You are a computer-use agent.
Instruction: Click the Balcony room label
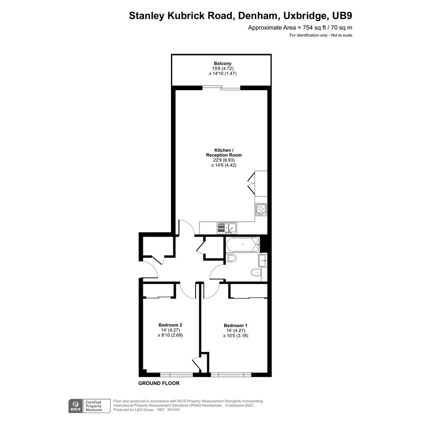(222, 63)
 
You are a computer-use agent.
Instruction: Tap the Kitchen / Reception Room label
(224, 153)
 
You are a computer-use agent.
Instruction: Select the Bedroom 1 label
(235, 326)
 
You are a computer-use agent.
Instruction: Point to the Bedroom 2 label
(170, 325)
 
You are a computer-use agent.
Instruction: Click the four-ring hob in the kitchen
(261, 209)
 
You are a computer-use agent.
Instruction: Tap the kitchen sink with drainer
(226, 228)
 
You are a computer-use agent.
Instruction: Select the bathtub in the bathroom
(243, 245)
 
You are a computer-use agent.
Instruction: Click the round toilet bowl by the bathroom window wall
(256, 273)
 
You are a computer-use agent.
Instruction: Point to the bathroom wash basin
(263, 260)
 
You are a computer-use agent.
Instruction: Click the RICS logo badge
(75, 406)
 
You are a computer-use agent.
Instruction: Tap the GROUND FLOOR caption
(159, 383)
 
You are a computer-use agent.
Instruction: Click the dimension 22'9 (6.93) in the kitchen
(224, 160)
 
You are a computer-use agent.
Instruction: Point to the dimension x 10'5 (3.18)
(235, 336)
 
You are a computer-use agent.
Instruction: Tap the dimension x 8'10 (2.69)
(170, 335)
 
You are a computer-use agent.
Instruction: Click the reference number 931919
(173, 410)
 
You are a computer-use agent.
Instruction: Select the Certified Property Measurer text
(94, 406)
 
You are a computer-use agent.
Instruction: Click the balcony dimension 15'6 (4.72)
(222, 68)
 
